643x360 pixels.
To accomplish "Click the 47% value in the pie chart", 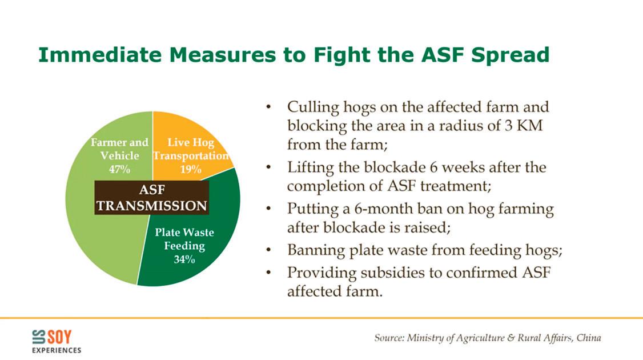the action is pos(119,169).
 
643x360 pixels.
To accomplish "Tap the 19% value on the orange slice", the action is pos(191,169).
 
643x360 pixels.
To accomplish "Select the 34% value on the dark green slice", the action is pos(184,259).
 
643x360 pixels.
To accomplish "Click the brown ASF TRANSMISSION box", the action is pos(152,198).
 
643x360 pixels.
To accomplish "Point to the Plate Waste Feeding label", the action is pos(184,239).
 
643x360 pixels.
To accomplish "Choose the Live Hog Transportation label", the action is pos(191,149).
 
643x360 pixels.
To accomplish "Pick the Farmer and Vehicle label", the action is pos(119,149).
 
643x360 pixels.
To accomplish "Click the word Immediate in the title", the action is pos(100,55).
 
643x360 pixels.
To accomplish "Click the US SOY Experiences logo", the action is pos(56,342).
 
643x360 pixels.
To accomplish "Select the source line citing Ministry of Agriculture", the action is pos(488,338).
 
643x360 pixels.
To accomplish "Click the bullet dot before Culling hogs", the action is pos(268,107).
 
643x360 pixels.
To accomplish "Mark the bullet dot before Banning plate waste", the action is pos(268,250).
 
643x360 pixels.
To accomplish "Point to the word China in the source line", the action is pos(589,337).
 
